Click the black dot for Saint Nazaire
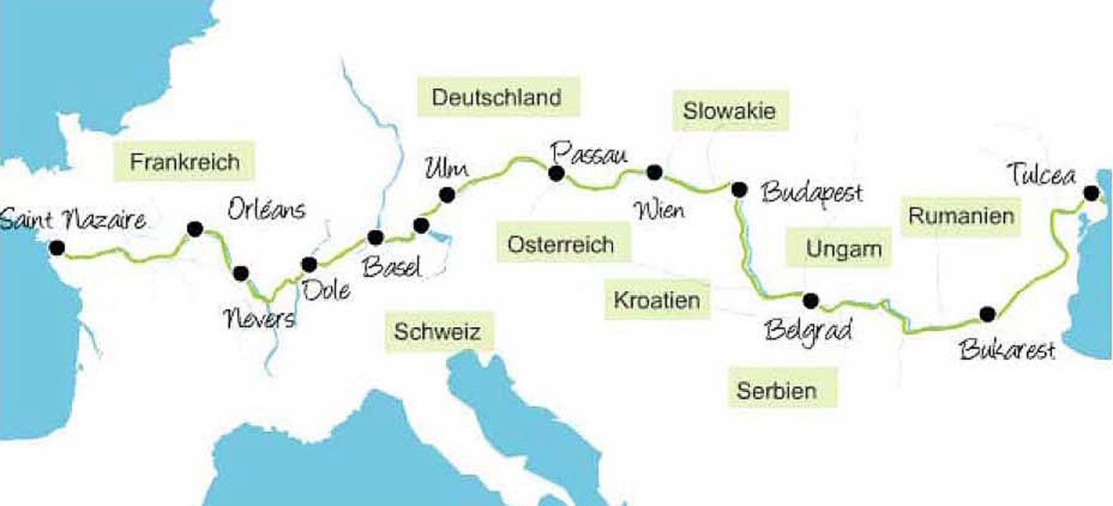(x=57, y=248)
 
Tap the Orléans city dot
(x=195, y=228)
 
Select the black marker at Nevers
(x=241, y=273)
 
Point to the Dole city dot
(x=310, y=264)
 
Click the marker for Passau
(x=556, y=173)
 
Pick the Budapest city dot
(x=739, y=189)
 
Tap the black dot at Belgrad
(x=810, y=301)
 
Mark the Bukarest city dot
(x=987, y=314)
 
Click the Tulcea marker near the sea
(x=1091, y=193)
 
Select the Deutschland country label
(x=497, y=97)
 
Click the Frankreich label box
(x=184, y=162)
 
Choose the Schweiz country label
(x=437, y=331)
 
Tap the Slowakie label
(x=728, y=111)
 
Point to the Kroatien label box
(x=656, y=300)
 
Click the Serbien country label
(x=776, y=390)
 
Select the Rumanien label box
(x=961, y=215)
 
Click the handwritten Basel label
(x=392, y=267)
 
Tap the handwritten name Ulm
(x=447, y=168)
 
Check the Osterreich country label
(x=561, y=244)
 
